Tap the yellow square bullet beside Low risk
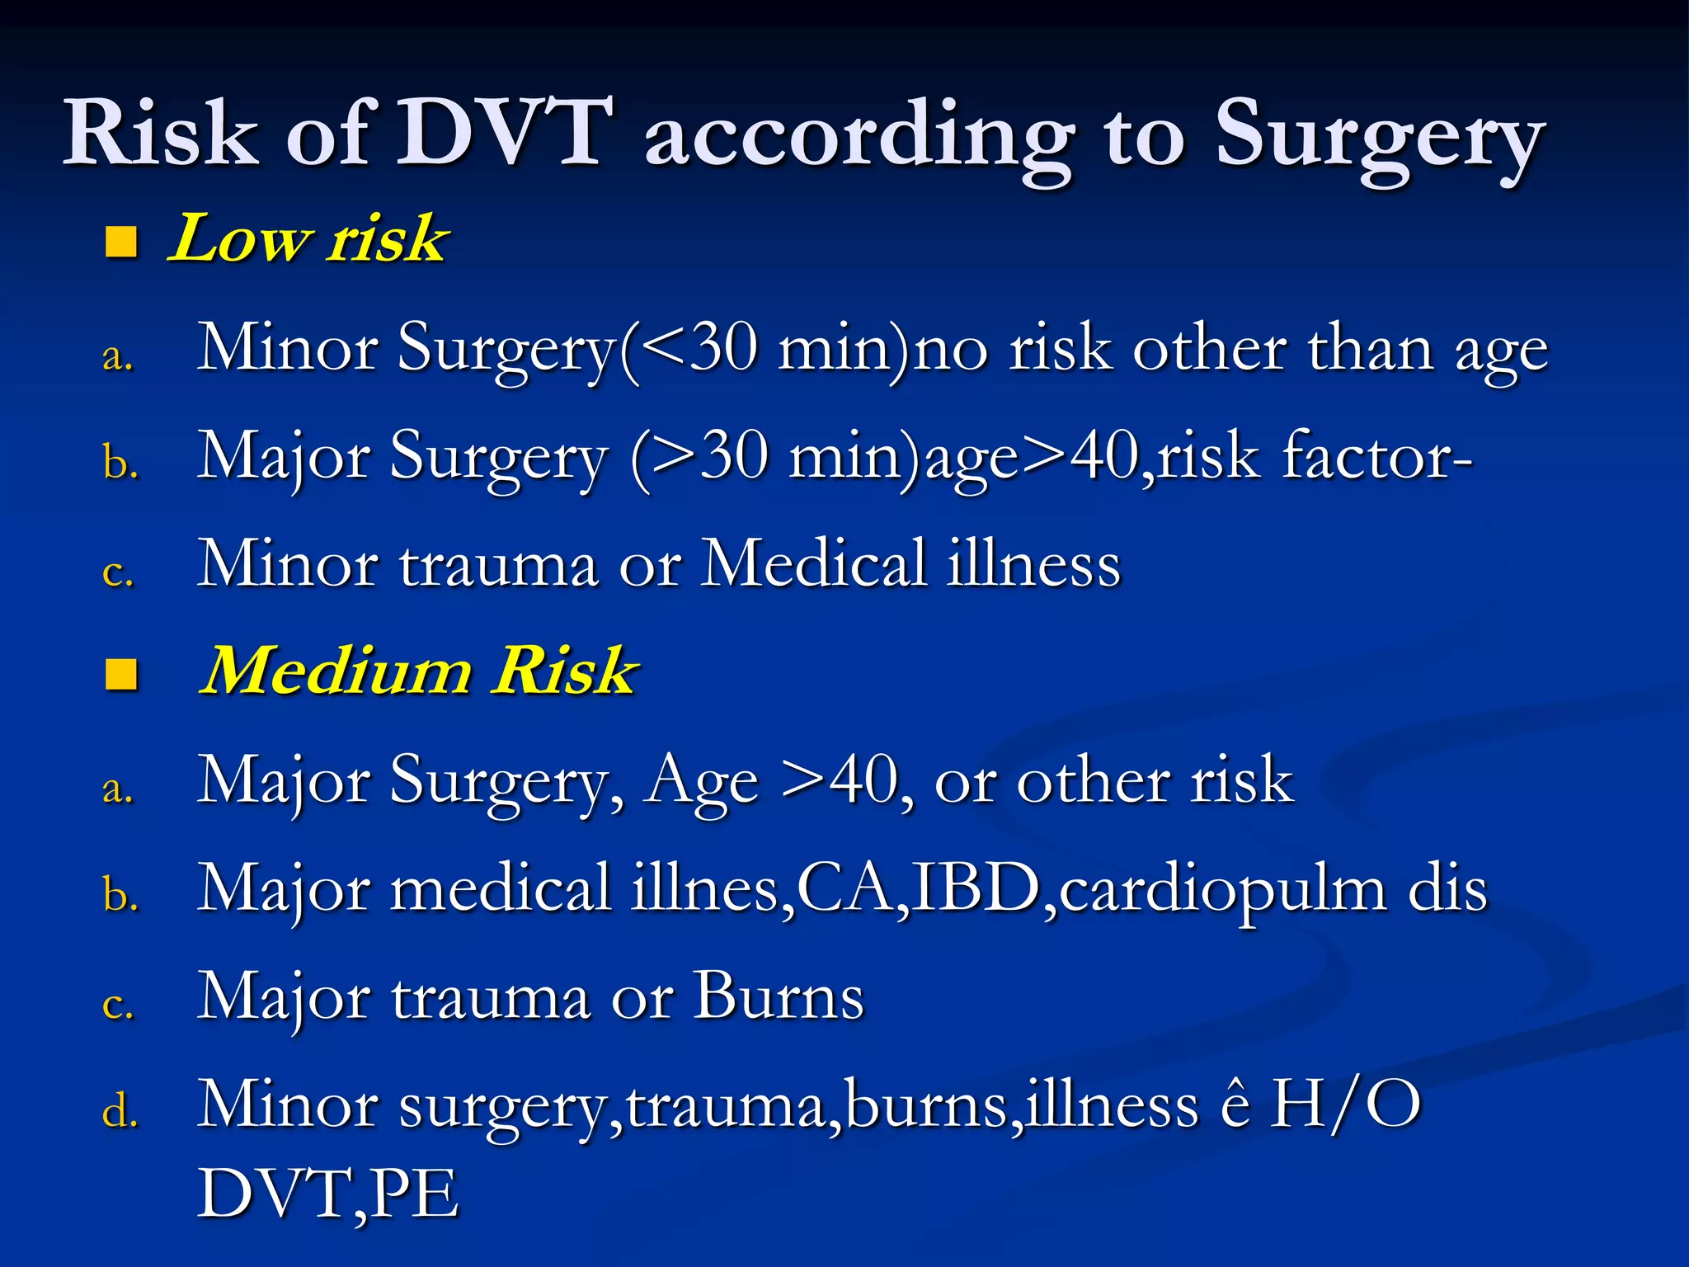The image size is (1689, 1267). pyautogui.click(x=121, y=243)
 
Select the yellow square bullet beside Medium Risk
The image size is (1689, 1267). pyautogui.click(x=121, y=674)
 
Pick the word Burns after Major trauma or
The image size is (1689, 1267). pyautogui.click(x=779, y=997)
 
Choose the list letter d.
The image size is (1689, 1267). pyautogui.click(x=120, y=1110)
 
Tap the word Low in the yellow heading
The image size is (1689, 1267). pyautogui.click(x=240, y=239)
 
